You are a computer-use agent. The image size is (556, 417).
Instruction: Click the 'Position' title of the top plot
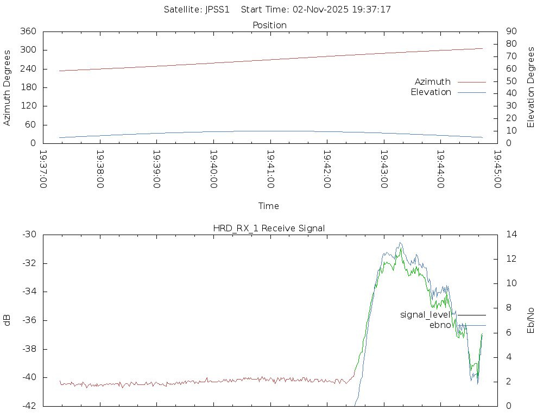[269, 26]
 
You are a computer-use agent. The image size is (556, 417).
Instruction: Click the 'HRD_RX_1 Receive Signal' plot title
[269, 228]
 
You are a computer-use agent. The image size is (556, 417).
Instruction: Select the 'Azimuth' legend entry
[433, 82]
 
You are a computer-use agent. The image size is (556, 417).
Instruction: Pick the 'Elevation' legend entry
[431, 92]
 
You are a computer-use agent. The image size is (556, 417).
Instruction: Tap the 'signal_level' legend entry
[425, 315]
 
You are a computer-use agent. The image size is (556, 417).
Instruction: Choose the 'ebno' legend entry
[440, 325]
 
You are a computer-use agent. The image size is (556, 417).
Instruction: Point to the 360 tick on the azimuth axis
[28, 31]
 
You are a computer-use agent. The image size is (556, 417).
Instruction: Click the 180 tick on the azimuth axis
[28, 87]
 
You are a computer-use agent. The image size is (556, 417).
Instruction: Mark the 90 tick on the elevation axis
[510, 31]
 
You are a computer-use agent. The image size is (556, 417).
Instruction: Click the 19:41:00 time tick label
[270, 169]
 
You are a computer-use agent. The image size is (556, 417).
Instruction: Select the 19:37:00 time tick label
[43, 169]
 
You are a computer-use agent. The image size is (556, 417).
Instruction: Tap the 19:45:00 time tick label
[497, 169]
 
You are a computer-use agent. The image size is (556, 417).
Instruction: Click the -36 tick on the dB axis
[29, 320]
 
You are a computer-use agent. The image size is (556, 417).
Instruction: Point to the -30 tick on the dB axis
[29, 235]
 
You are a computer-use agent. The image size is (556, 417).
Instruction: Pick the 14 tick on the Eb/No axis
[511, 235]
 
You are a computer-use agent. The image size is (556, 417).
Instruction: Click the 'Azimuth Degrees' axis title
[7, 87]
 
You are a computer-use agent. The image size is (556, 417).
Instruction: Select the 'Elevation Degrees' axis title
[531, 87]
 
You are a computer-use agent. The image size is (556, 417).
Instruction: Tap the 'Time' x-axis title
[269, 206]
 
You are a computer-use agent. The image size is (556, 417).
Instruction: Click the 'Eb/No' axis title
[531, 320]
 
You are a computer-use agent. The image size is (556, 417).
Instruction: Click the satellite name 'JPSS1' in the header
[217, 10]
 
